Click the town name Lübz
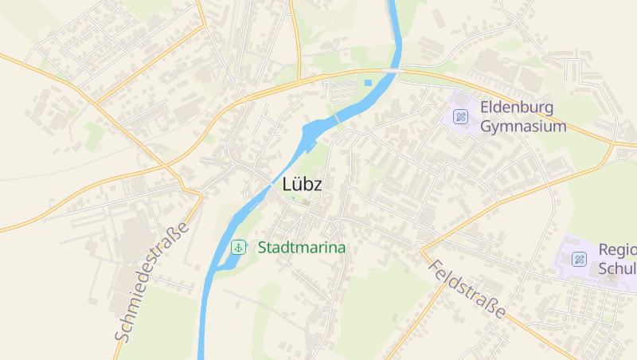pos(302,184)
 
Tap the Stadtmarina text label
pos(302,248)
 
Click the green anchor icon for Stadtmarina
pos(238,248)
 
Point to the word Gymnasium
pos(523,127)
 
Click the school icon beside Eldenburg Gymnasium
pos(460,117)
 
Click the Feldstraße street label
pos(466,288)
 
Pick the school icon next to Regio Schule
pos(579,259)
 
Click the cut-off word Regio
pos(617,250)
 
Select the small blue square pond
pos(368,82)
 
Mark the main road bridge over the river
pos(391,71)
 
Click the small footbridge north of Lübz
pos(336,118)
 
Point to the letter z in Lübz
pos(317,186)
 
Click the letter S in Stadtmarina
pos(263,248)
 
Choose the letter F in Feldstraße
pos(433,265)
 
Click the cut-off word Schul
pos(617,268)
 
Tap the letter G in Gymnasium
pos(487,127)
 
